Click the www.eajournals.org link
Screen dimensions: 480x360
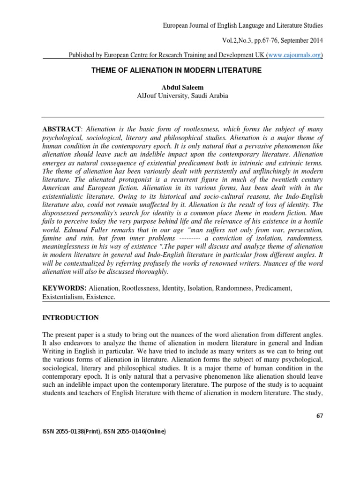294,55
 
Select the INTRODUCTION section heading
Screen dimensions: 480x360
71,318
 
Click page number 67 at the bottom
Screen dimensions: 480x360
320,415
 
